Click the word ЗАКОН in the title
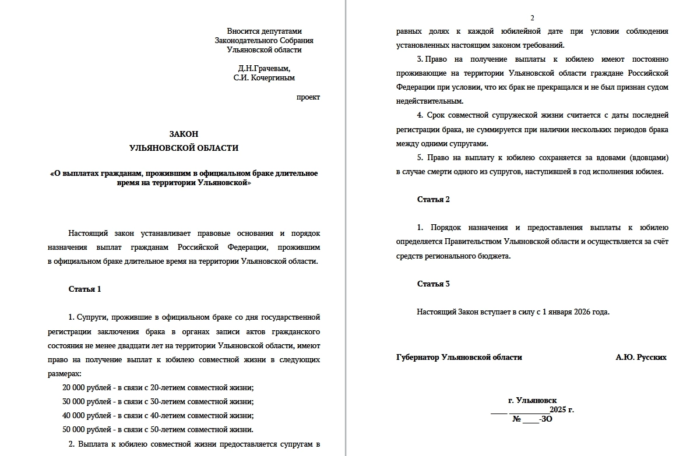click(184, 134)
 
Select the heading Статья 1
click(85, 289)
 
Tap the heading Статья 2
click(434, 199)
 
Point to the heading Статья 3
click(434, 284)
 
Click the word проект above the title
click(308, 97)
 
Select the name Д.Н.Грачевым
click(264, 68)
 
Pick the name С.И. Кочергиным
click(264, 77)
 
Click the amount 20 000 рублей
click(87, 387)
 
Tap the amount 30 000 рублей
click(87, 401)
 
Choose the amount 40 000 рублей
click(87, 416)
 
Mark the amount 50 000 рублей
click(87, 430)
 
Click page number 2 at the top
click(532, 18)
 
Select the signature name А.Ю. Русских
click(641, 357)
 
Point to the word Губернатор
click(418, 357)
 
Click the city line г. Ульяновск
click(532, 401)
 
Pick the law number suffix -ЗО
click(545, 419)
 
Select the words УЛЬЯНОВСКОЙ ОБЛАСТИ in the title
click(184, 148)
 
